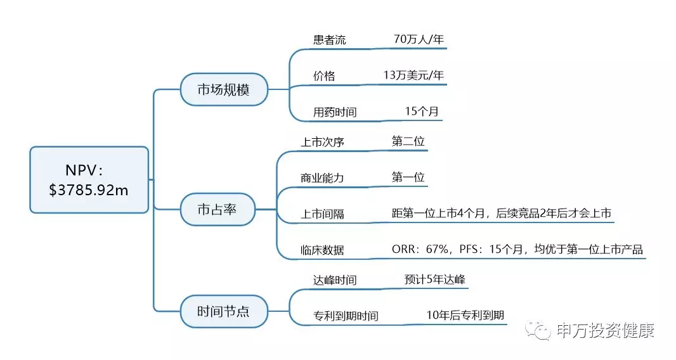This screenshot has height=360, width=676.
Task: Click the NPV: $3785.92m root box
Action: point(89,179)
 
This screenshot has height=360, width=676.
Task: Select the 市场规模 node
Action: point(223,89)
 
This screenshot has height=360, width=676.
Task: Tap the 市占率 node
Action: point(218,209)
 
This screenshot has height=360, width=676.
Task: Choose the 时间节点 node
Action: point(223,311)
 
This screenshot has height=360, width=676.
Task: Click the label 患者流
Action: point(330,39)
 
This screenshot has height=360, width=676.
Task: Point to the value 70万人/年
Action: point(419,39)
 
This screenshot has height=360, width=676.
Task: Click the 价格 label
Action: point(324,76)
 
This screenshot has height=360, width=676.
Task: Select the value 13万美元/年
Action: point(413,75)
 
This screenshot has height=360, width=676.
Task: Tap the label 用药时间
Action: point(335,112)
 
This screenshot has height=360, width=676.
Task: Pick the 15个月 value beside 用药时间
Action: point(422,112)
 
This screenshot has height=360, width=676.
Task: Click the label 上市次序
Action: point(322,142)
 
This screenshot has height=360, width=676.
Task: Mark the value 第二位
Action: point(408,141)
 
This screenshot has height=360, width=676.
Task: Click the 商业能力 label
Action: point(322,178)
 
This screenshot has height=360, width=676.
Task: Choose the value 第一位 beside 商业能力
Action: point(408,177)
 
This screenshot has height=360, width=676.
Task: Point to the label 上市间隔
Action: point(322,214)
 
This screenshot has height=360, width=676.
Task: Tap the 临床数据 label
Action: point(322,250)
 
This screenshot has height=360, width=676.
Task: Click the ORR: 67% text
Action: point(419,250)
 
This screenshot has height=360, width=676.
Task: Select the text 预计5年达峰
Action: point(436,280)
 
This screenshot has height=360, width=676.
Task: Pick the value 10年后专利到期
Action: point(466,315)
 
